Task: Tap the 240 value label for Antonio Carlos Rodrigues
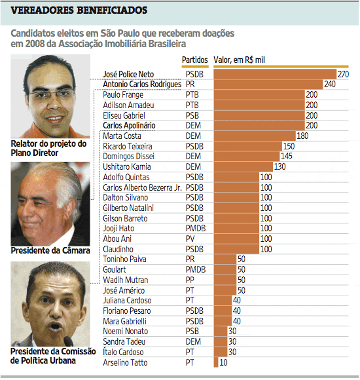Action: (x=329, y=85)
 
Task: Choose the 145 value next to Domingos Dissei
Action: (x=286, y=156)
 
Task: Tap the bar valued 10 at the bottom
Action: (x=216, y=362)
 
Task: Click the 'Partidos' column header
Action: (x=194, y=60)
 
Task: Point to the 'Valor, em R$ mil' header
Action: (x=243, y=60)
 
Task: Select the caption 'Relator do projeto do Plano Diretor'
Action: (x=49, y=148)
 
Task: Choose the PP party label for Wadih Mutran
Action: (x=190, y=280)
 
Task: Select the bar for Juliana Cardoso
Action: (x=223, y=300)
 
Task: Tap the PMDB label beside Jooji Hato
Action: (x=195, y=228)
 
